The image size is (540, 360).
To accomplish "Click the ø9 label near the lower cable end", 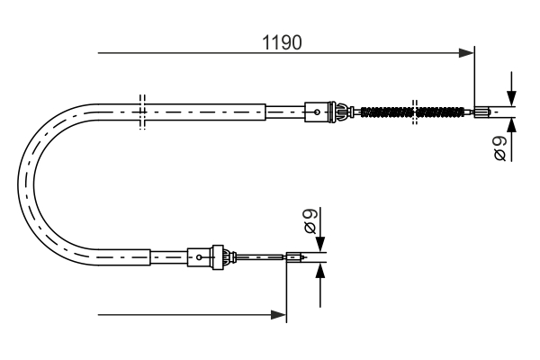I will point(309,220).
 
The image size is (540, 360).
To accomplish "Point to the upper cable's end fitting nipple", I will point(483,112).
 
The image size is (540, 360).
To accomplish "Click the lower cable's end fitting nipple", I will point(295,261).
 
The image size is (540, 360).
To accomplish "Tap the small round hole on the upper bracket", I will point(316,112).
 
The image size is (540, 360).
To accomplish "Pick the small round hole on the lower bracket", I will point(196,260).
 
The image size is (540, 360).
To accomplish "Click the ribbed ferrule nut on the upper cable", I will point(340,112).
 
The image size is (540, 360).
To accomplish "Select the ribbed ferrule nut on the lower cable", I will point(217,259).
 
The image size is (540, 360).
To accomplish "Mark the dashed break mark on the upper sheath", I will point(141,112).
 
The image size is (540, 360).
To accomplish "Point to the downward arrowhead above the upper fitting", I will point(511,100).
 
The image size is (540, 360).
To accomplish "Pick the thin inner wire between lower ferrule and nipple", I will point(256,261).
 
